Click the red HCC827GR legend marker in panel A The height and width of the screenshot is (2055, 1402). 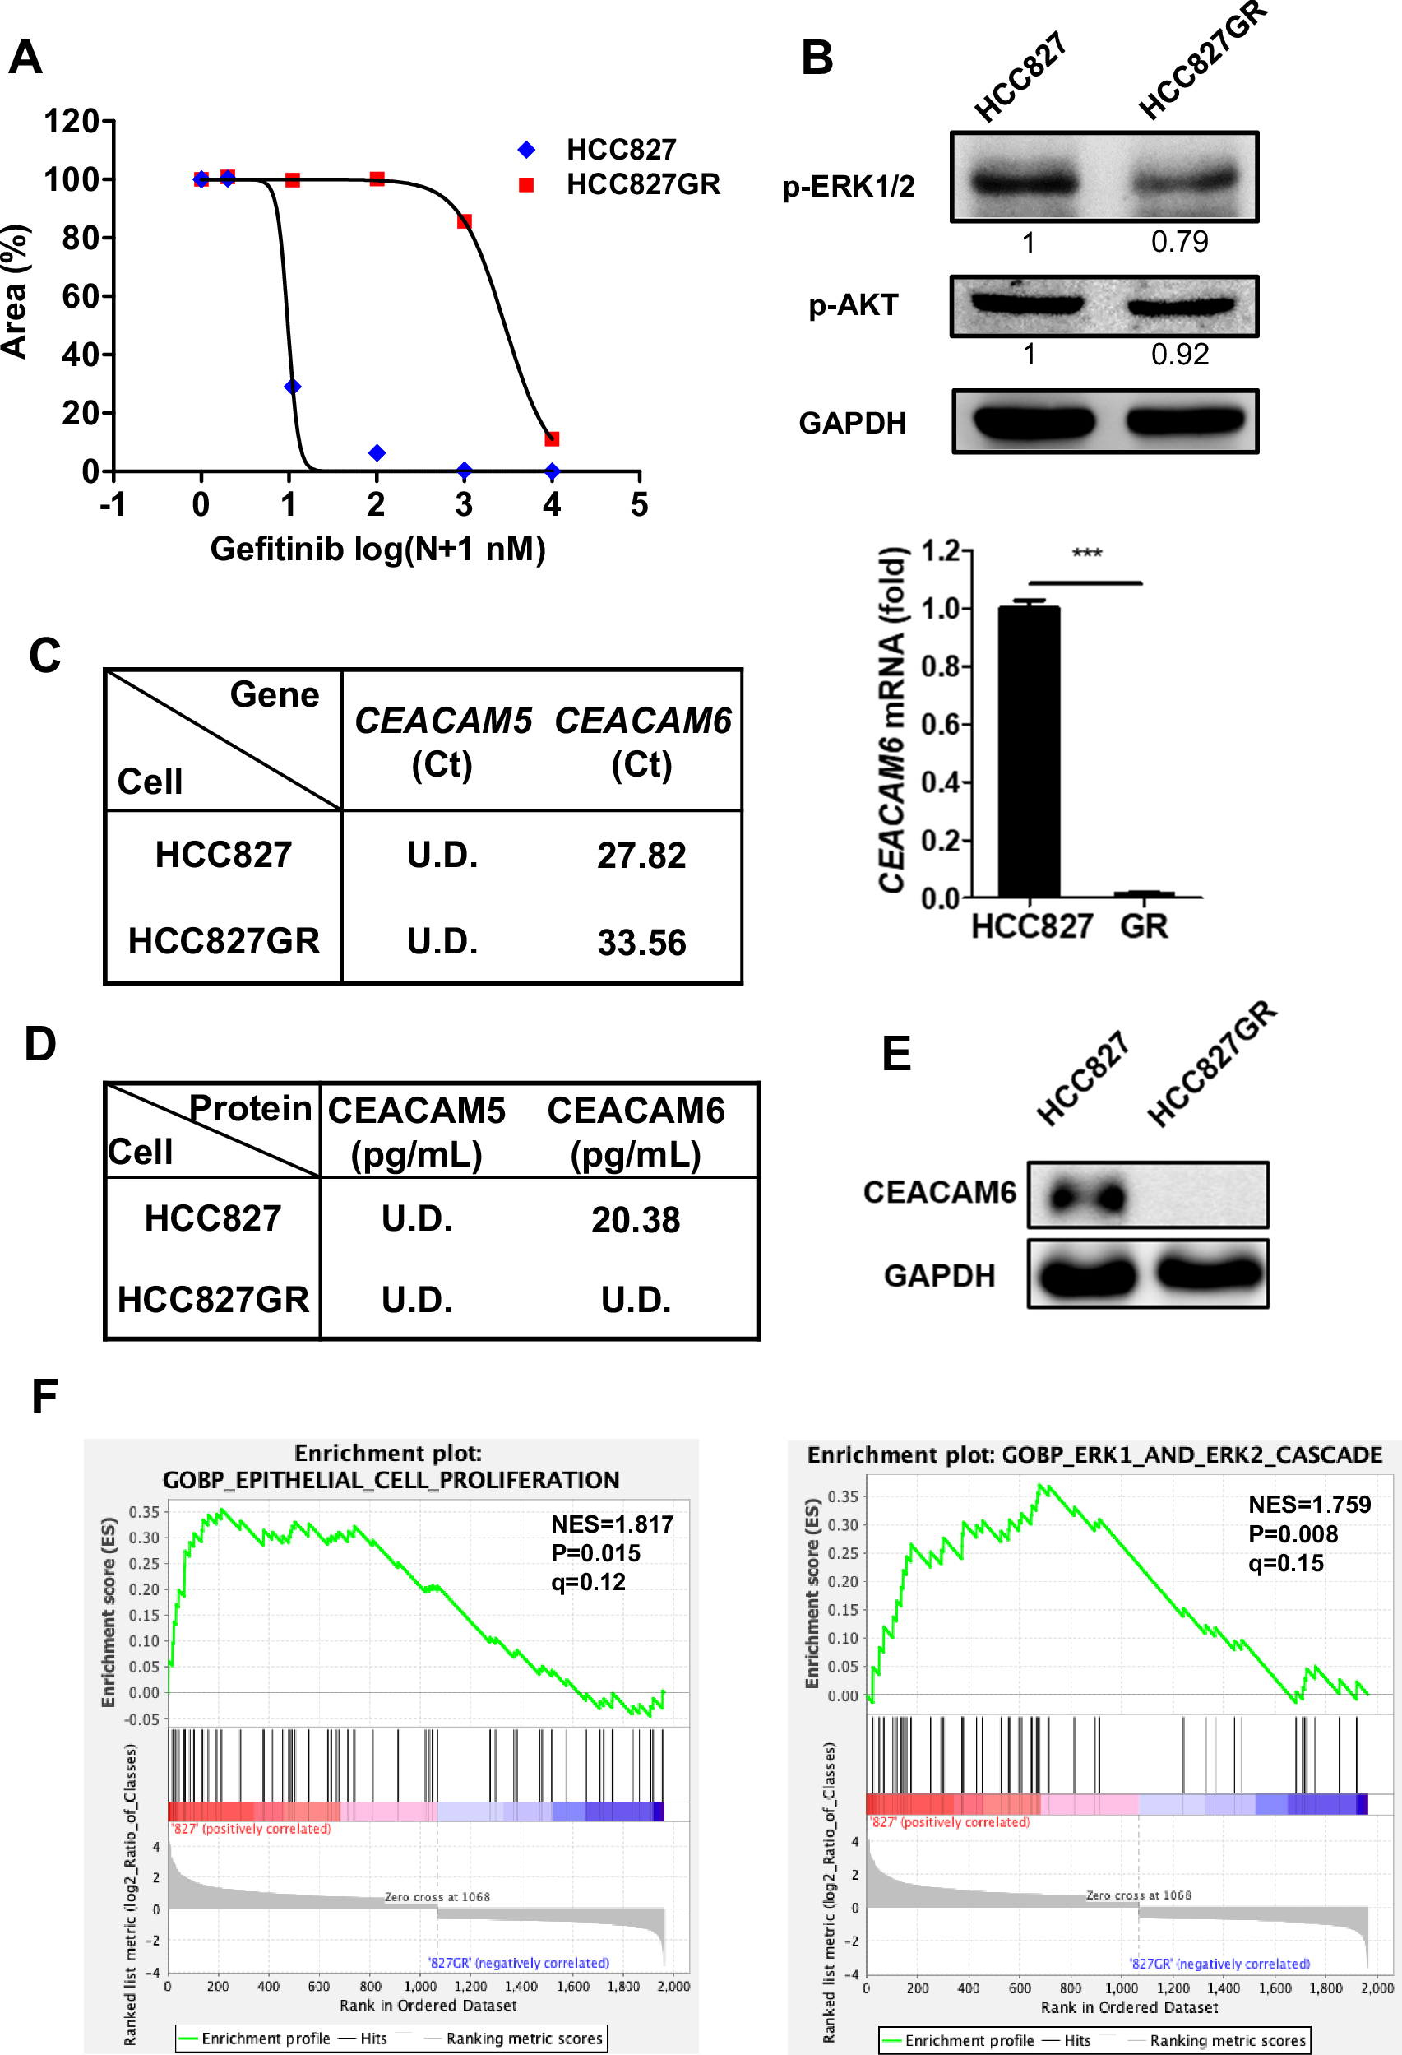tap(526, 185)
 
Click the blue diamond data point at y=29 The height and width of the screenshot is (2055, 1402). tap(293, 387)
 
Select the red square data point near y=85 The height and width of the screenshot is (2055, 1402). tap(464, 221)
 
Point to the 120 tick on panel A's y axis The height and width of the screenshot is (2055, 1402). tap(72, 121)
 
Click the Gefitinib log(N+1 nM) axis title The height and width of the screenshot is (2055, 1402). tap(377, 549)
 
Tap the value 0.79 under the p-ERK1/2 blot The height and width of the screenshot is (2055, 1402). tap(1179, 241)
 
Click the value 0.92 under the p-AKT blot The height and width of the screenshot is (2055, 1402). tap(1179, 355)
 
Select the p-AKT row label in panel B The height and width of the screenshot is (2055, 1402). tap(853, 305)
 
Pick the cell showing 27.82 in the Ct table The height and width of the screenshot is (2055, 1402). tap(641, 855)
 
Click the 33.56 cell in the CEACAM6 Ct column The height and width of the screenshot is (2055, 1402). tap(641, 942)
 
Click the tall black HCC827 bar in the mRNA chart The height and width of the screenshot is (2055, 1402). tap(1029, 752)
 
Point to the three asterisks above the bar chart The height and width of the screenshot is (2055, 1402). tap(1086, 554)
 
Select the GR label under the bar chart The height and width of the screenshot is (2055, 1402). tap(1144, 925)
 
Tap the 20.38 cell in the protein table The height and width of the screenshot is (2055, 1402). tap(636, 1220)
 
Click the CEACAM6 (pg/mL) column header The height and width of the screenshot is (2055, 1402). tap(636, 1132)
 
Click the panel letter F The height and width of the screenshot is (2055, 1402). tap(44, 1397)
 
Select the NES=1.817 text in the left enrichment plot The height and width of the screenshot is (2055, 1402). tap(612, 1524)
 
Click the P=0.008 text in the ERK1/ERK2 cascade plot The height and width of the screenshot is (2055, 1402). tap(1293, 1534)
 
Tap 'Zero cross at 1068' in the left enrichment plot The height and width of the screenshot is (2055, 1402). tap(437, 1897)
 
